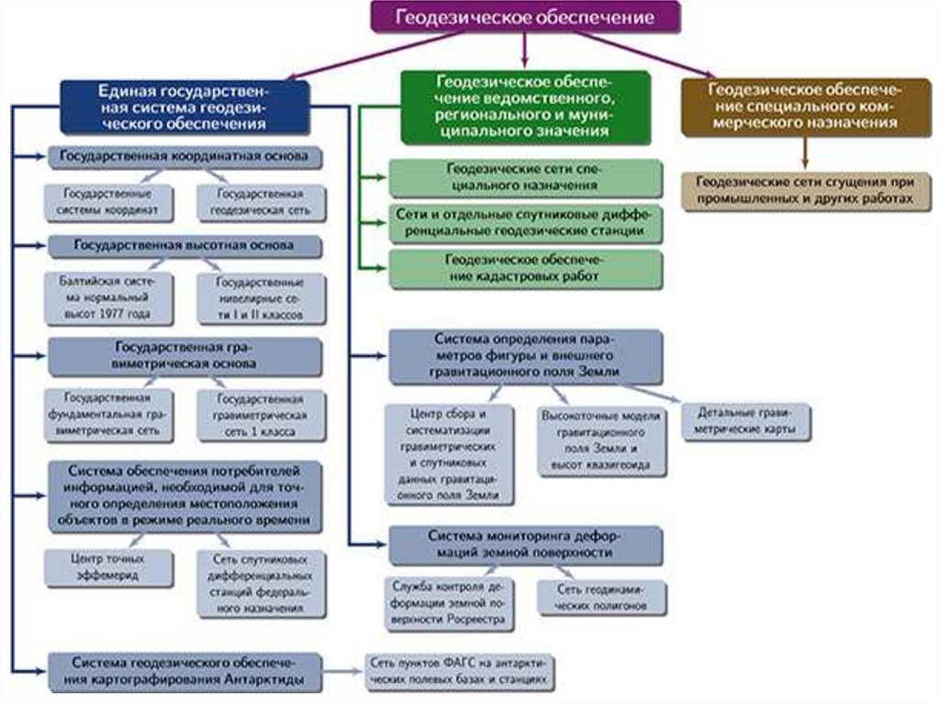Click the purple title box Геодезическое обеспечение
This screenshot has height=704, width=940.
click(525, 17)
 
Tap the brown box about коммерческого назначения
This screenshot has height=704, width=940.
click(804, 106)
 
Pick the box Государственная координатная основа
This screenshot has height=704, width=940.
click(185, 157)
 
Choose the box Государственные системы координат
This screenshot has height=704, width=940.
click(109, 203)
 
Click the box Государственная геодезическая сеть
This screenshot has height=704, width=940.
click(261, 203)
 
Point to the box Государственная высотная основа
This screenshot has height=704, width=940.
click(185, 247)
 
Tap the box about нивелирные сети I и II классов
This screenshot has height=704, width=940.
click(261, 297)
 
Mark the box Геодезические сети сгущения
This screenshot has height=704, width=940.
click(804, 190)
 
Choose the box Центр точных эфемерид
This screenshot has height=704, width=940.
click(109, 566)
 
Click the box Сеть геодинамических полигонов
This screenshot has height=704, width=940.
click(601, 598)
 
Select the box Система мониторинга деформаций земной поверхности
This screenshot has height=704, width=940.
click(526, 544)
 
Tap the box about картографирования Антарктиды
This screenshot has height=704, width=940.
click(185, 672)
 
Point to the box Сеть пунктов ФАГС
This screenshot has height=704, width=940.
click(461, 672)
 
